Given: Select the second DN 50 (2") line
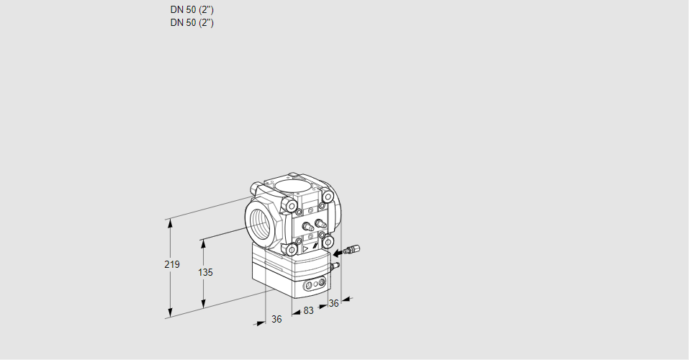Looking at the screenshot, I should (192, 22).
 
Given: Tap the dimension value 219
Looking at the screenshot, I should (171, 265).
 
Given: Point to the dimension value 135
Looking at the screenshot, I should (205, 273).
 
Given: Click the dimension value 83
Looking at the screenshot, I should (308, 310).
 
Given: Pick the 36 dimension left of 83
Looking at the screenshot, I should (276, 319).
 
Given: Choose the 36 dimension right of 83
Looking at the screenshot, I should (333, 303).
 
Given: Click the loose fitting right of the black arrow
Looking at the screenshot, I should (352, 250).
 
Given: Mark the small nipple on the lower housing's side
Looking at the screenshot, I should (333, 266).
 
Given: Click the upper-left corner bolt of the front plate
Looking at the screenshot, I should (292, 207).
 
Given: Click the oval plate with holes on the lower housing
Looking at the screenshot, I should (315, 286).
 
